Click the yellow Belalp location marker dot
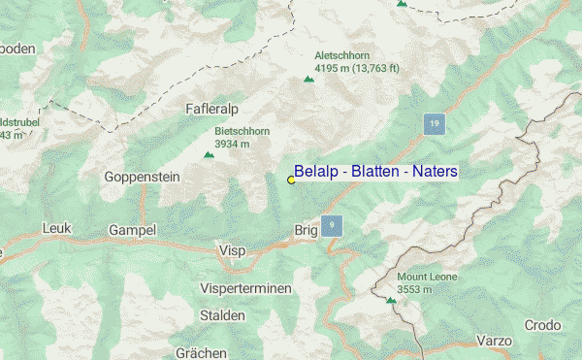coord(291,180)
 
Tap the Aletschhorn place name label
coord(342,56)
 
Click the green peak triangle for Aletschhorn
coord(308,80)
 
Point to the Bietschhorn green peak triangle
coord(208,155)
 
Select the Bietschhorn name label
coord(242,131)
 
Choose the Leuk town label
coord(58,228)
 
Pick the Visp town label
coord(233,250)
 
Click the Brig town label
coord(306,230)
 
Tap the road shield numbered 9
coord(332,225)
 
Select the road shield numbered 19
coord(435,123)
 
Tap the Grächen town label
coord(201,351)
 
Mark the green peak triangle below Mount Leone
coord(391,301)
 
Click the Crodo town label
coord(541,325)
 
